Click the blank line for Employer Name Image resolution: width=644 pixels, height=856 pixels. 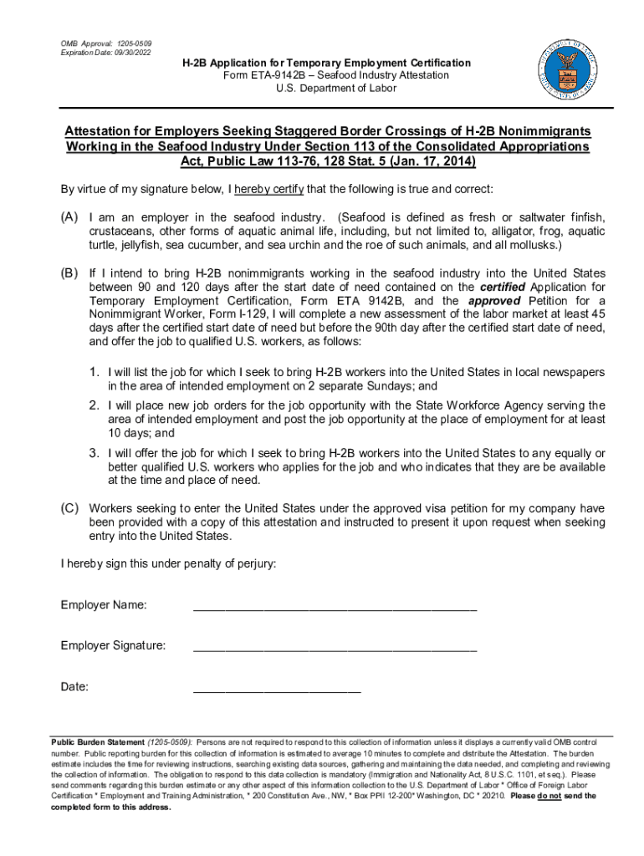(335, 608)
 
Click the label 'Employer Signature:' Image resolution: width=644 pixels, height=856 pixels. (113, 645)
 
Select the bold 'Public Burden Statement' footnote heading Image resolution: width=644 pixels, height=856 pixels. (98, 742)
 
